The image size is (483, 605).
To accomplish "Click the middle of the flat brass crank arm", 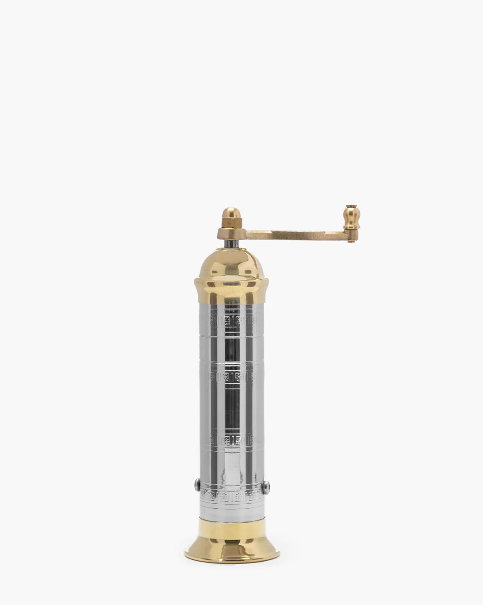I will [295, 235].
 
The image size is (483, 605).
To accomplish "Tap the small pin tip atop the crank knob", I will [351, 206].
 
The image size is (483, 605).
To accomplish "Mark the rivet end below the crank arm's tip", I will [351, 241].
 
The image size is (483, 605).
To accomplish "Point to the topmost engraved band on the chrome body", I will [232, 321].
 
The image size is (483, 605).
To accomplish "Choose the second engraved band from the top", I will [232, 377].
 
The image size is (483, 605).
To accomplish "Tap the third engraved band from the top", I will [232, 440].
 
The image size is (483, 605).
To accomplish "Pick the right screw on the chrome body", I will [266, 487].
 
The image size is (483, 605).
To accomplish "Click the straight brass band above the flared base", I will [232, 530].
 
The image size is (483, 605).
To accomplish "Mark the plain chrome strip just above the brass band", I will [232, 514].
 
